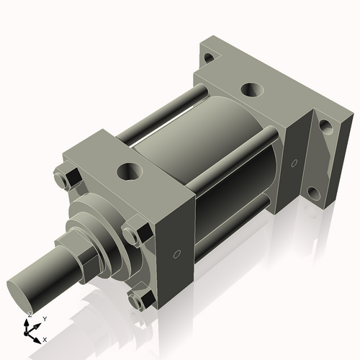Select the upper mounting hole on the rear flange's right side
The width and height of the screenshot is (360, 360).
pos(325,127)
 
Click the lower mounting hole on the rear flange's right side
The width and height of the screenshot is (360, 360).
pos(315,193)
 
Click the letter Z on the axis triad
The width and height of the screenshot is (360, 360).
pos(29,315)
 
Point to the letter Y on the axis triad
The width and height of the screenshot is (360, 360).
pos(44,318)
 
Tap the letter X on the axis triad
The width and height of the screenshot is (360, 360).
pos(45,338)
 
